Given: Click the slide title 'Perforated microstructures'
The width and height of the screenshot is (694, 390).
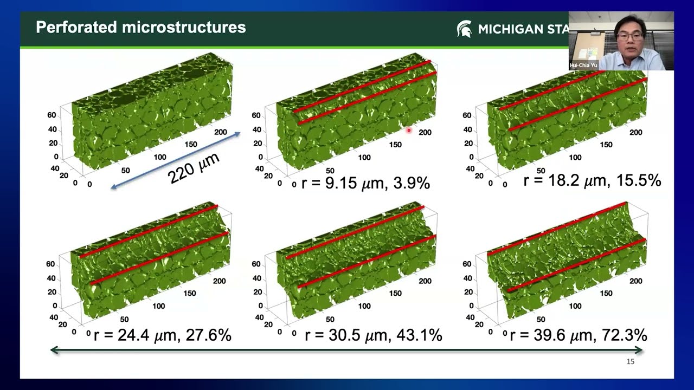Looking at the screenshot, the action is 141,27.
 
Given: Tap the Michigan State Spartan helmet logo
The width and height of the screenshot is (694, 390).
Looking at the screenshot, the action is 464,29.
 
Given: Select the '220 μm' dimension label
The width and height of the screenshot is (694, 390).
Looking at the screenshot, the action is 194,168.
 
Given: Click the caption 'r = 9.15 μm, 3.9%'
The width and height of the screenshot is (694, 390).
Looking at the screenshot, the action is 365,183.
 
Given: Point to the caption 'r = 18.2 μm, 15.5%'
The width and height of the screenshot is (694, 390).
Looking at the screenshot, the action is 592,180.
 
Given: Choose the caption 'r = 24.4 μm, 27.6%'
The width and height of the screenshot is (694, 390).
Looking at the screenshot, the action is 162,335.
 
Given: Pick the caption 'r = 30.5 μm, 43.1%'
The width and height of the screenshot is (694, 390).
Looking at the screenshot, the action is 374,335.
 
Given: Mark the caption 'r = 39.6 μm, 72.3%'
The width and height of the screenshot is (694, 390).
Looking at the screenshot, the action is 579,335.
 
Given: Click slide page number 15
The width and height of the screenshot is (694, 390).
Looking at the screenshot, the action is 630,361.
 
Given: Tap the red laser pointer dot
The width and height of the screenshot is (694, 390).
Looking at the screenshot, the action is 409,131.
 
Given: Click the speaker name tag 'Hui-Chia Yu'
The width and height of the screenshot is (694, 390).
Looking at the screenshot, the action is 583,66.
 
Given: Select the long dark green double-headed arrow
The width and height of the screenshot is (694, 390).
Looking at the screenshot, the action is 346,350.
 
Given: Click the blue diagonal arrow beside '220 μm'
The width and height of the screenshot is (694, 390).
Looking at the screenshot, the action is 175,160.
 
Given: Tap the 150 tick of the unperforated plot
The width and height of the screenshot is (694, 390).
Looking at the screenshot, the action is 191,144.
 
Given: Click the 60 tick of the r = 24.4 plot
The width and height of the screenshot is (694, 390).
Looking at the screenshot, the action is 50,264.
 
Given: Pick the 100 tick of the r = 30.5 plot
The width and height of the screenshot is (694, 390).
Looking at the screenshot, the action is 364,306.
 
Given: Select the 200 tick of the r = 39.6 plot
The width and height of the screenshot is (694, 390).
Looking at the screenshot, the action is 636,281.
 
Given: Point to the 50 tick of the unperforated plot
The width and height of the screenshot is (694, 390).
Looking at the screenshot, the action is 125,171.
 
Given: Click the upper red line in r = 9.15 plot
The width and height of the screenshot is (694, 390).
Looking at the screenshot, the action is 362,86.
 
